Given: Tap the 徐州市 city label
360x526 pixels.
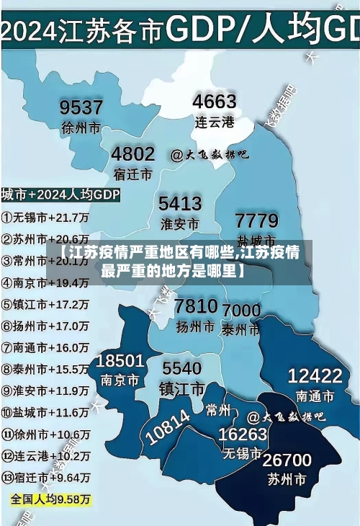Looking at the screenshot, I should [81, 129].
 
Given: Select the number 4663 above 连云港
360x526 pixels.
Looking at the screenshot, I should [215, 102].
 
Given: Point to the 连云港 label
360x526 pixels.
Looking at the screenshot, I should [215, 122].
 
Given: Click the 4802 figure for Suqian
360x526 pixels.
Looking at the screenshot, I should [132, 154].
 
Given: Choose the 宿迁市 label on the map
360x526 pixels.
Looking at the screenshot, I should [132, 174].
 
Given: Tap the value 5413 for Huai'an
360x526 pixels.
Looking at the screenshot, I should [180, 202].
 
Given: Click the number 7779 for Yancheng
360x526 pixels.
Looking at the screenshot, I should [257, 220].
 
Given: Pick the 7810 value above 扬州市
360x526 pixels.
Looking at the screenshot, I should [196, 306].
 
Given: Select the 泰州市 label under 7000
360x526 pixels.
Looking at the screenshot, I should [240, 330].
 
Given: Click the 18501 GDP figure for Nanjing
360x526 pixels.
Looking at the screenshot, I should [121, 360].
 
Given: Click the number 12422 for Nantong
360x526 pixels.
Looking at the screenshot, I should [315, 375].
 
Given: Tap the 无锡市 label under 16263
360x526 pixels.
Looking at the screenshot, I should [242, 454].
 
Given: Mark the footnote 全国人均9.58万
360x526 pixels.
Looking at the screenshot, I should [50, 499].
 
